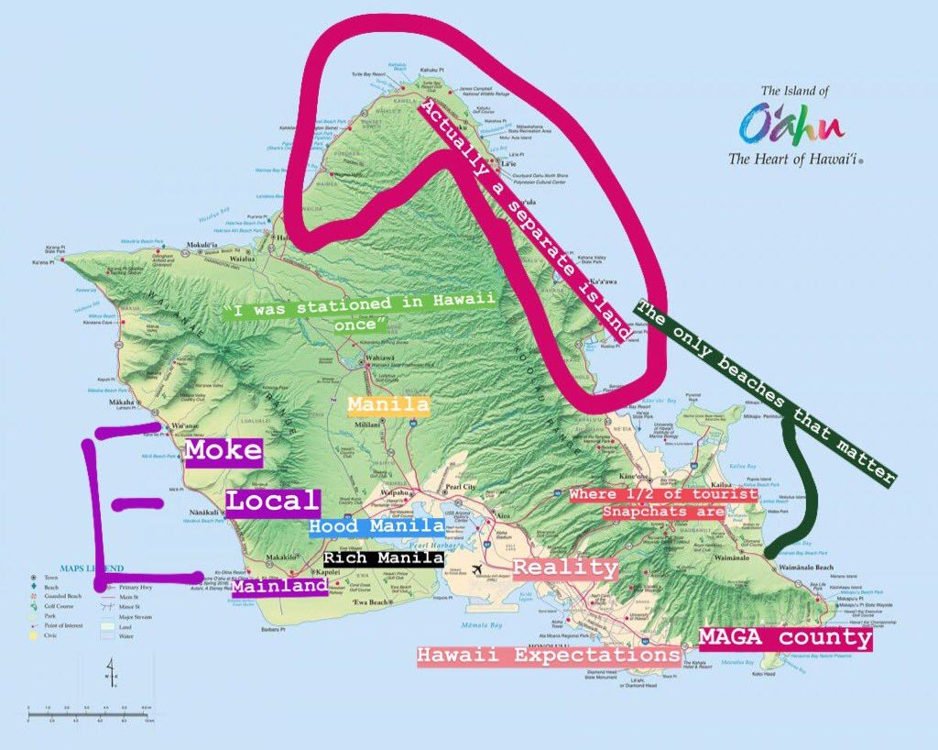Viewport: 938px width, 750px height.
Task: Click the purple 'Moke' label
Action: coord(224,451)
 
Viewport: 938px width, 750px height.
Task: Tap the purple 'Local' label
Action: coord(273,502)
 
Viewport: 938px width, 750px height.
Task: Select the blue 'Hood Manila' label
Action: coord(376,526)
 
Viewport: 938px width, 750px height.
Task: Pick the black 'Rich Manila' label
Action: coord(384,557)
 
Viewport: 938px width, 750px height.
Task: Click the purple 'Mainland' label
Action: coord(279,585)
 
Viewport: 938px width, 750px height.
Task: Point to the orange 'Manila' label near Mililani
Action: coord(388,404)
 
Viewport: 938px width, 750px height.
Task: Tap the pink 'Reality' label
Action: coord(564,568)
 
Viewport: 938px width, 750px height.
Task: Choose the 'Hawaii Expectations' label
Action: coord(548,656)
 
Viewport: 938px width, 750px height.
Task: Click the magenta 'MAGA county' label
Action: coord(785,637)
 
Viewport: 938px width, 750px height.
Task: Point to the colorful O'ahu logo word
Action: coord(791,124)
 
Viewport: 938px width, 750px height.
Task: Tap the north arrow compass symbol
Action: coord(111,671)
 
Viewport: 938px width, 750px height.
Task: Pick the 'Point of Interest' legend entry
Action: coord(64,624)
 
